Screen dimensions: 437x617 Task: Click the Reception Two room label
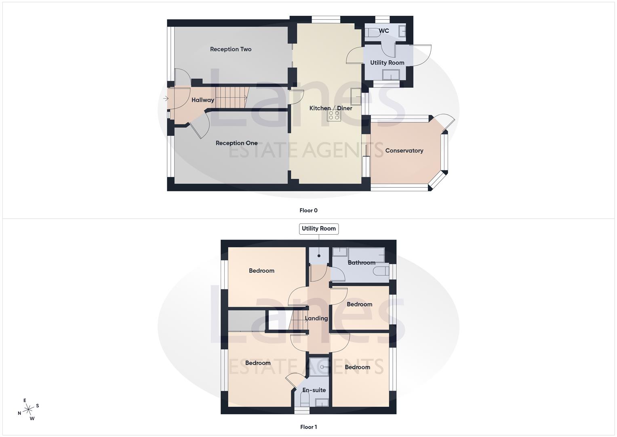click(x=230, y=49)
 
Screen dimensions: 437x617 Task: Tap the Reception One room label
click(x=236, y=143)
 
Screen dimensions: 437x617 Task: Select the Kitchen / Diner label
click(x=331, y=108)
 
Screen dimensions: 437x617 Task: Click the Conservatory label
click(x=404, y=151)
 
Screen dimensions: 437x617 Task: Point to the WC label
click(x=384, y=31)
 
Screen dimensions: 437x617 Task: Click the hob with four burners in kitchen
click(x=334, y=115)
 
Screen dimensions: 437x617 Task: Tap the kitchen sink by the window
click(x=356, y=96)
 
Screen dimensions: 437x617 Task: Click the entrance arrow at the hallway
click(x=166, y=98)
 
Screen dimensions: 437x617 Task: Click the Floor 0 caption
click(x=308, y=210)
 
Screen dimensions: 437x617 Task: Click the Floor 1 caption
click(x=308, y=427)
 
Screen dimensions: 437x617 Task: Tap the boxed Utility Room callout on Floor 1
click(x=318, y=229)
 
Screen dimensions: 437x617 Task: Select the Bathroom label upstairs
click(x=361, y=263)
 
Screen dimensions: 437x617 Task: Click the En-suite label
click(x=314, y=390)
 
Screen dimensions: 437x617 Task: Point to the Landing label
click(x=316, y=318)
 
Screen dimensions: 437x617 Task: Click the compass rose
click(x=28, y=409)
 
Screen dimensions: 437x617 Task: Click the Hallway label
click(x=202, y=100)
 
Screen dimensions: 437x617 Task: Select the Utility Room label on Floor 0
click(x=387, y=63)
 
